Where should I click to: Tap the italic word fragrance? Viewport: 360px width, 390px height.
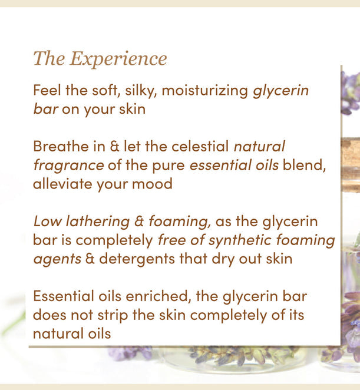(x=68, y=165)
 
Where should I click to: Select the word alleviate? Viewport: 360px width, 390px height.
(x=62, y=184)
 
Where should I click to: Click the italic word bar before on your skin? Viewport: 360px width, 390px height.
(x=45, y=110)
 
